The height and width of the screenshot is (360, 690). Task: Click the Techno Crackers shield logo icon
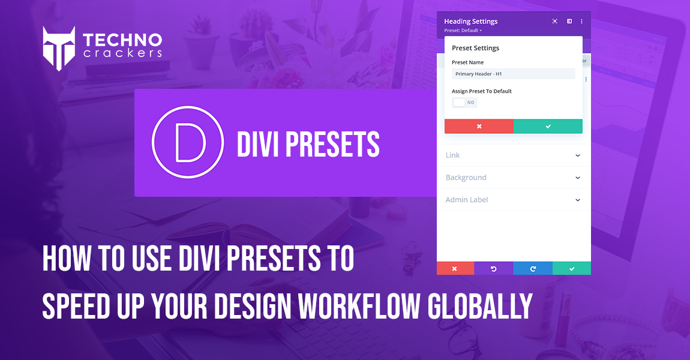coord(59,49)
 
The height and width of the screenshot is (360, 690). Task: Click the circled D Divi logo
coord(188,143)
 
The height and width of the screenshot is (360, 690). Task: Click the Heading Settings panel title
coord(470,22)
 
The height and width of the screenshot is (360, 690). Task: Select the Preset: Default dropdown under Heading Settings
coord(463,31)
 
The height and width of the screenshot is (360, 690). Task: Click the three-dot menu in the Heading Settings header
coord(581,22)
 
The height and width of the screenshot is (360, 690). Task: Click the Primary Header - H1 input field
coord(513,74)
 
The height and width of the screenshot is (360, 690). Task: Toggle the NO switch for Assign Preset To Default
coord(464,103)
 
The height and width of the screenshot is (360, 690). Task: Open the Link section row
coord(513,155)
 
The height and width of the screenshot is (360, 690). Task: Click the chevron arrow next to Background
coord(578,178)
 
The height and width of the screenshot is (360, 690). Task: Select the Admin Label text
coord(467,200)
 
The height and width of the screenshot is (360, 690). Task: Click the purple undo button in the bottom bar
coord(493,269)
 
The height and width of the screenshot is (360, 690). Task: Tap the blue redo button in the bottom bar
coord(533,269)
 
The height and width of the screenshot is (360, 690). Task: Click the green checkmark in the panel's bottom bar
coord(572,269)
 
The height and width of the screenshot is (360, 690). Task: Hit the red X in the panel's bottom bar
coord(455,269)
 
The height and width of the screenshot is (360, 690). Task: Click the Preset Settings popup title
coord(475,48)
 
